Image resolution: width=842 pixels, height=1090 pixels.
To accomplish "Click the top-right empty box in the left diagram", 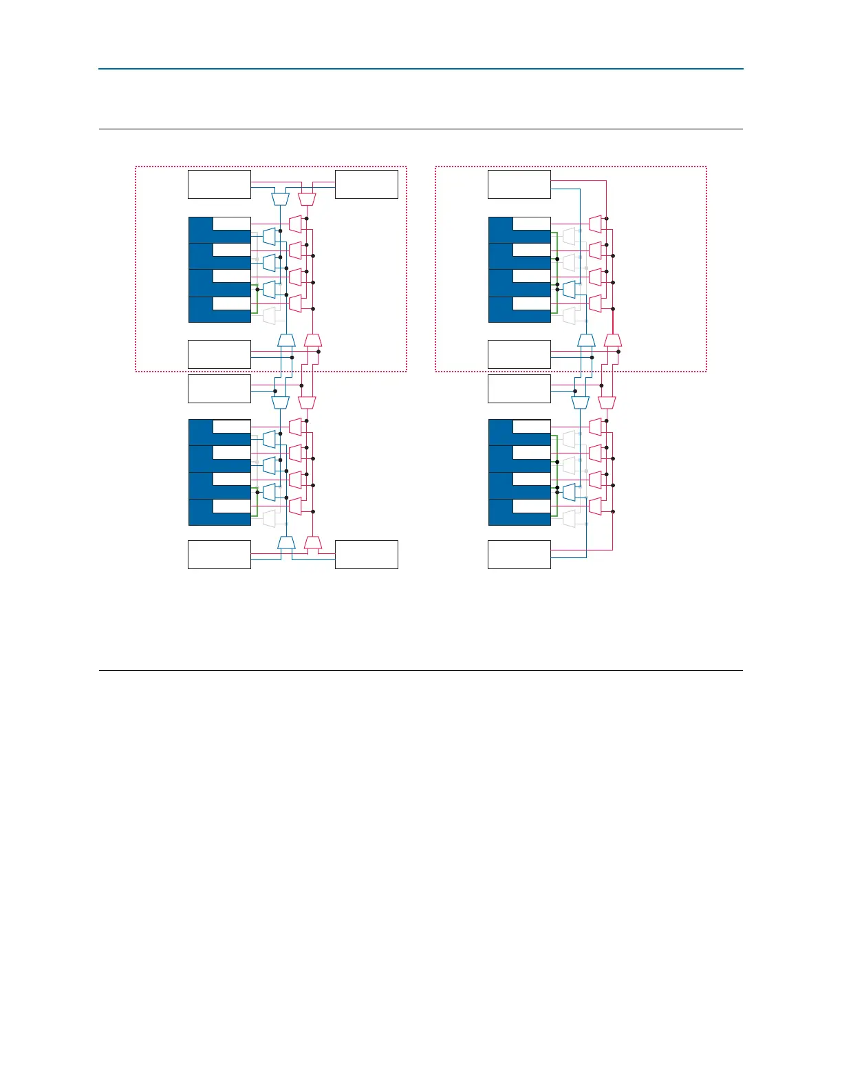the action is click(366, 184).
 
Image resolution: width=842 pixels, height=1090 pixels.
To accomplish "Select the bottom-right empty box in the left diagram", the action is click(366, 555).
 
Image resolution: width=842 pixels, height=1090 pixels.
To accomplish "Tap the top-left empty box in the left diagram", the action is click(219, 184).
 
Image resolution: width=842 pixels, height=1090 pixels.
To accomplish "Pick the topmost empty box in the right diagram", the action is click(519, 184).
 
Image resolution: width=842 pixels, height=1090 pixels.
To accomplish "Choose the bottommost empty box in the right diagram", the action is click(519, 555).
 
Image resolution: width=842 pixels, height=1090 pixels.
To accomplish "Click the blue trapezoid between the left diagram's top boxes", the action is click(279, 199).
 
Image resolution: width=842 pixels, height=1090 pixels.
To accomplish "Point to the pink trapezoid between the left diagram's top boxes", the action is click(307, 199).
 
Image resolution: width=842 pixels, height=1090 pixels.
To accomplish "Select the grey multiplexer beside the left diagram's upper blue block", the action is click(269, 316).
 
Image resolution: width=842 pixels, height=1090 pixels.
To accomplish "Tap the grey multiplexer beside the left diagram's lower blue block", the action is click(269, 518).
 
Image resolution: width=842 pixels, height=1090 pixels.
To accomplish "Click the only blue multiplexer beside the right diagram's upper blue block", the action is click(569, 290).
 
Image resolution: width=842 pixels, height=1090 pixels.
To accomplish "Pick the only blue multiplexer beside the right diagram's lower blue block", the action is click(569, 492).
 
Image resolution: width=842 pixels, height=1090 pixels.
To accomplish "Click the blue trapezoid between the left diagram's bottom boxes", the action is click(286, 543).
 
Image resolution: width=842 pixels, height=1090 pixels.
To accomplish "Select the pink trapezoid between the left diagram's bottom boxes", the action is click(313, 543).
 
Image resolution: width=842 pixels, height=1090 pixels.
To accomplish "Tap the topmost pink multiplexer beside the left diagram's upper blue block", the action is click(296, 224).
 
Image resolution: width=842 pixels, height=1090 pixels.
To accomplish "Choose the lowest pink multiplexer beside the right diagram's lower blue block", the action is click(596, 506).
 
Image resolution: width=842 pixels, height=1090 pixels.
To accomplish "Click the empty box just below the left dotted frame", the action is click(219, 389).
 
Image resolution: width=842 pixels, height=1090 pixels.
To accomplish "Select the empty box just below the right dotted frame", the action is click(519, 389).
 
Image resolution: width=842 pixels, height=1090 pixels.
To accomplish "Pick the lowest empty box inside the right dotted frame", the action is click(519, 354).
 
